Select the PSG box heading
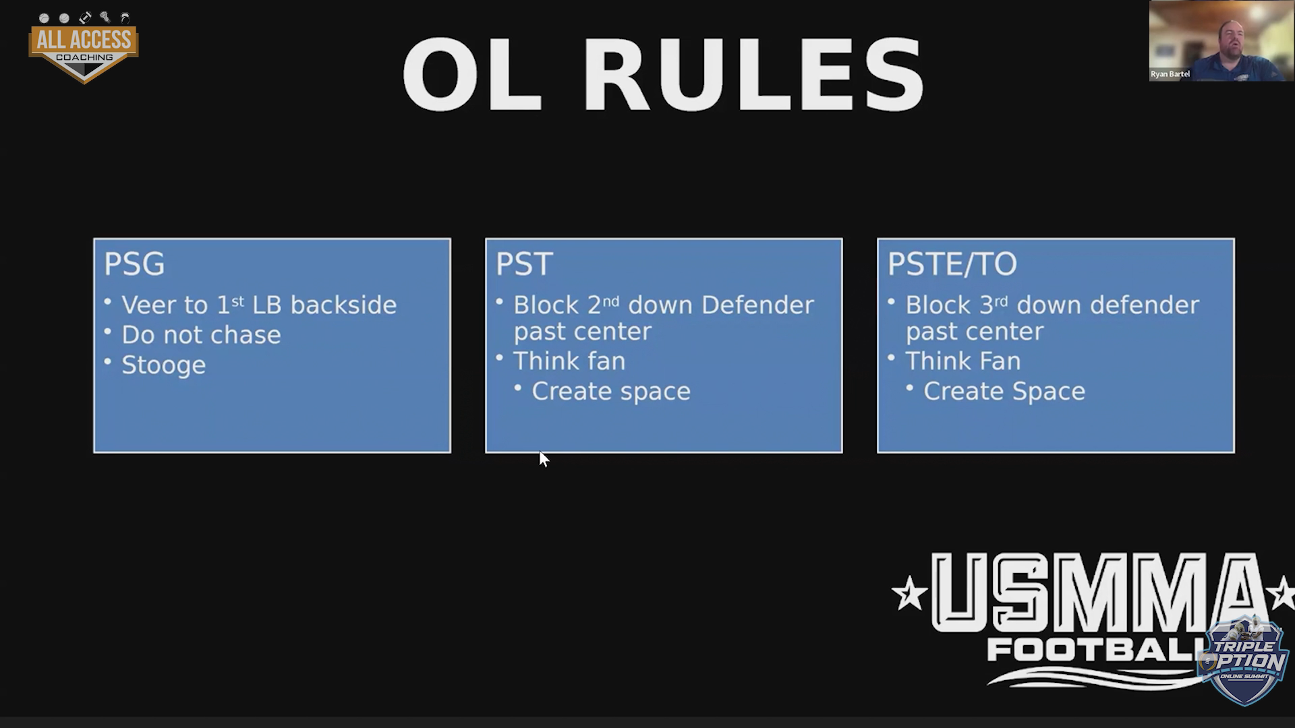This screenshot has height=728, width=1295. tap(134, 264)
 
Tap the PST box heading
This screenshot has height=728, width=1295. tap(524, 264)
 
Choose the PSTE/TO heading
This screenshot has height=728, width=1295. tap(952, 264)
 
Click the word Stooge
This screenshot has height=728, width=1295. tap(163, 365)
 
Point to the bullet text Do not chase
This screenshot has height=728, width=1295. tap(201, 335)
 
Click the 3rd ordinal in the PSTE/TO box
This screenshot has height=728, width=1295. tap(993, 305)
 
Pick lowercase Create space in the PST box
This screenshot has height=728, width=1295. tap(611, 392)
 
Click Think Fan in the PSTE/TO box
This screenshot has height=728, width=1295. tap(962, 361)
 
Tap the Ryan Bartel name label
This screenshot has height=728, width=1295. tap(1170, 74)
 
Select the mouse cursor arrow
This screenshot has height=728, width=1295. tap(544, 459)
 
